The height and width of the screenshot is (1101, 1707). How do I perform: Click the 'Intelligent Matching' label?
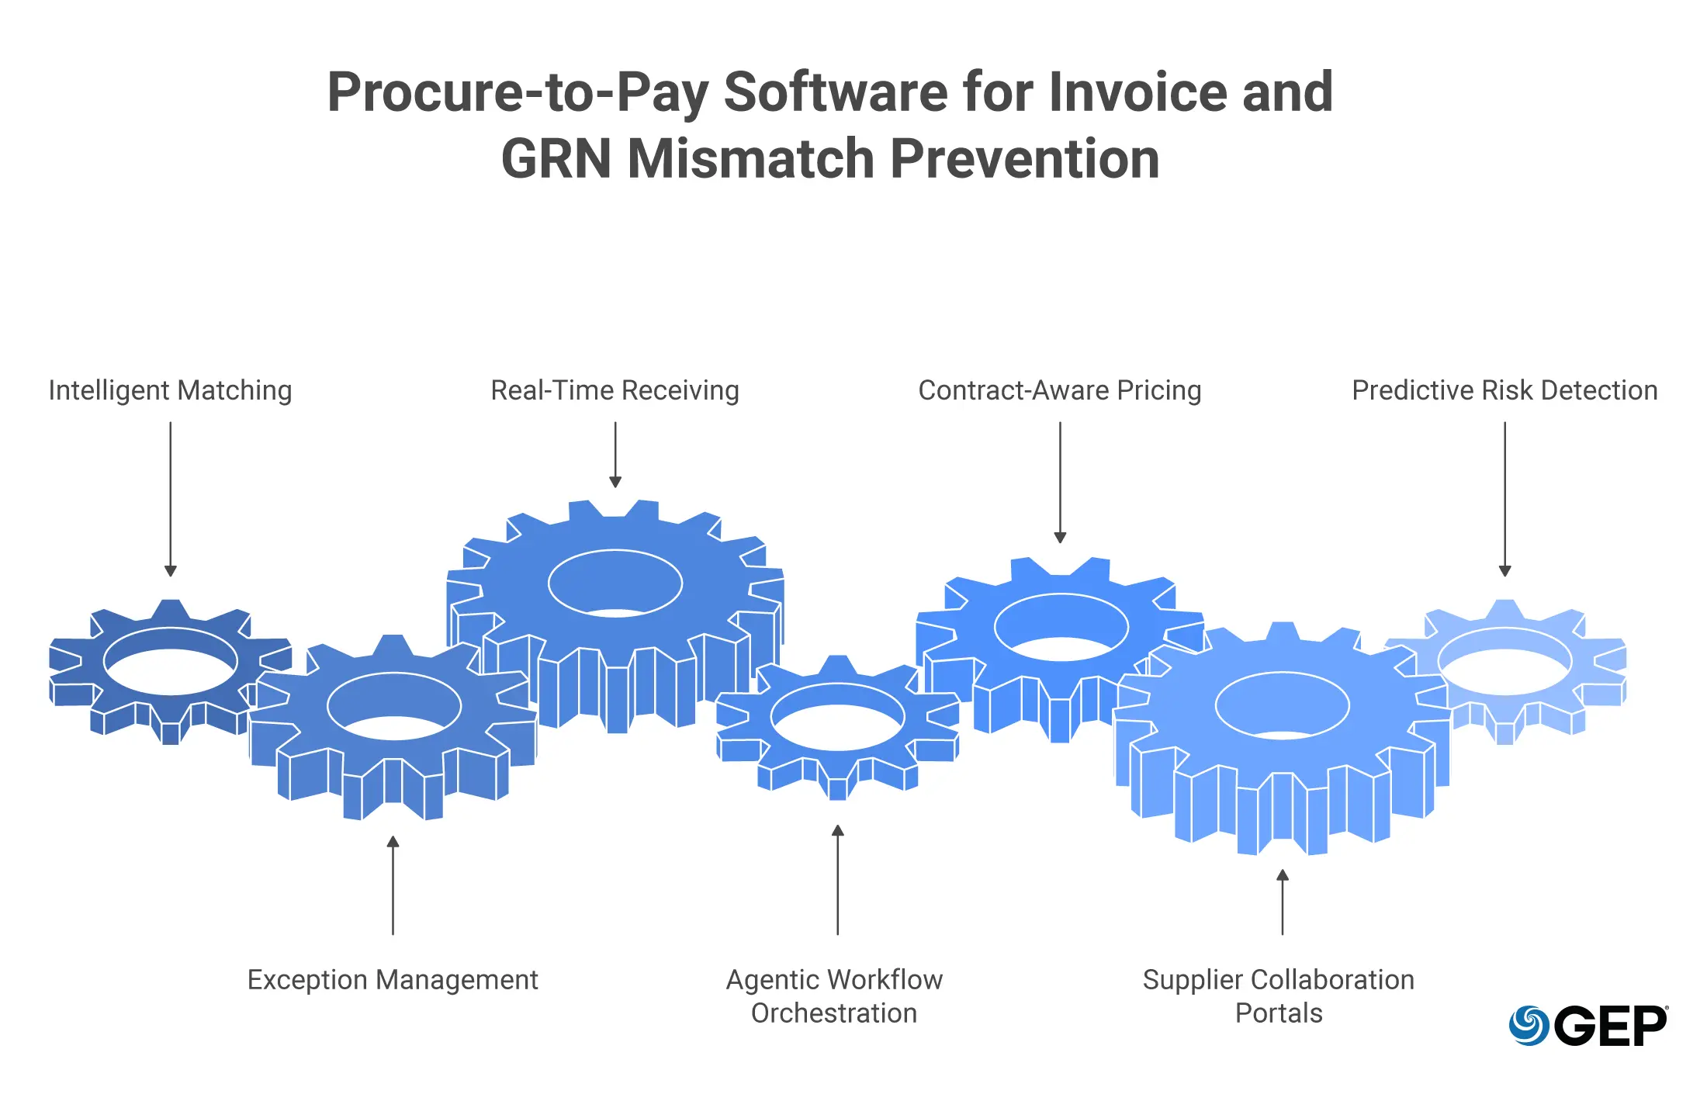tap(170, 390)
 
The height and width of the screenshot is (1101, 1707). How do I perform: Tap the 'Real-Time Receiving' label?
tap(615, 390)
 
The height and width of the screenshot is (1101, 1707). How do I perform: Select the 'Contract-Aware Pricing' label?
tap(1059, 390)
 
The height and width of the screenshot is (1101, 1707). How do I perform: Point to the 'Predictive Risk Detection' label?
tap(1504, 390)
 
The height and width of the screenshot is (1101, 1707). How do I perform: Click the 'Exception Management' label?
tap(393, 980)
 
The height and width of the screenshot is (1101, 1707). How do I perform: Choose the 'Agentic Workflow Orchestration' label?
tap(834, 996)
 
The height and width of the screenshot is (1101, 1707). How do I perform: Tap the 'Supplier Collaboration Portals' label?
tap(1279, 996)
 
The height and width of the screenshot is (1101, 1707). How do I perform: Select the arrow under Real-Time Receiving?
tap(615, 454)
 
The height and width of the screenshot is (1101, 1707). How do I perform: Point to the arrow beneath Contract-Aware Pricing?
tap(1060, 482)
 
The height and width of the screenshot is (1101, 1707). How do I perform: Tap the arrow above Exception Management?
tap(393, 885)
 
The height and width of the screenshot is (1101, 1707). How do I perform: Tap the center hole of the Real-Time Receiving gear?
tap(615, 583)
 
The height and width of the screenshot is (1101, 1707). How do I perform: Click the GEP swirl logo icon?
tap(1529, 1025)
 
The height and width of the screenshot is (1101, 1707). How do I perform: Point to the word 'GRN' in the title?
tap(556, 159)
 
